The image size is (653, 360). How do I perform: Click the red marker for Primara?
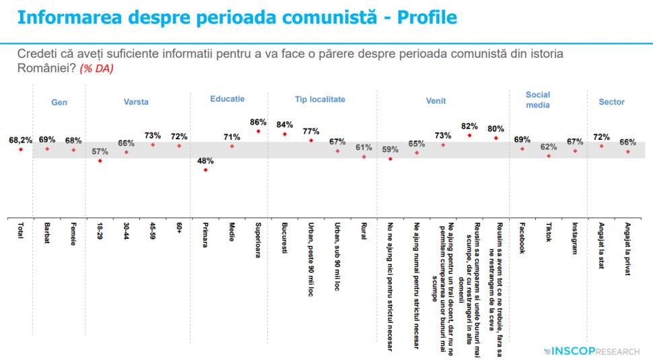205,170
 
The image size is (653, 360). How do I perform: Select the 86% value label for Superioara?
258,122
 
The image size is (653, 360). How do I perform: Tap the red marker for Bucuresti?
284,134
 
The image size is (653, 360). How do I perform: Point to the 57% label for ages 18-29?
100,151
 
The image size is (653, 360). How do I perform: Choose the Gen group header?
59,102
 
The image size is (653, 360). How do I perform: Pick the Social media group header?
537,100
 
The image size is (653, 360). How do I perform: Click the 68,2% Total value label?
20,140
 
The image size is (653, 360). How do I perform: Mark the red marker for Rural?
364,157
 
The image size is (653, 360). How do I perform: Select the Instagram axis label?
575,238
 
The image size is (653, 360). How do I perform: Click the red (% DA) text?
96,69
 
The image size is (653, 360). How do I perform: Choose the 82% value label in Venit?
469,126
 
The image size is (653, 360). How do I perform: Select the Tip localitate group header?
320,99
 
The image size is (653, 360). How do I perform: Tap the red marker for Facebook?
522,148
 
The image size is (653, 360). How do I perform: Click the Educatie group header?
227,99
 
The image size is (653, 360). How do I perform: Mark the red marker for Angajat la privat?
627,151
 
